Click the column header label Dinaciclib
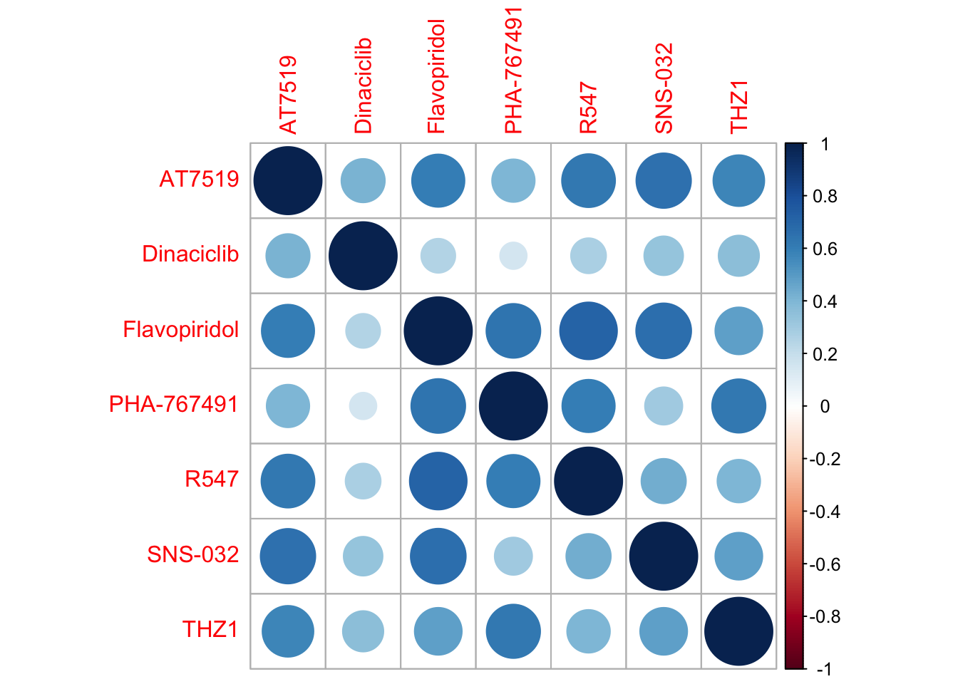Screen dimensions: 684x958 (x=363, y=85)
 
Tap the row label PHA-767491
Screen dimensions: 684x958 (x=173, y=405)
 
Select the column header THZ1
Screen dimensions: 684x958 (x=739, y=106)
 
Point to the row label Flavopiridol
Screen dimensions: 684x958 (x=181, y=330)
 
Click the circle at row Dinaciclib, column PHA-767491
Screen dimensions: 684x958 (x=513, y=256)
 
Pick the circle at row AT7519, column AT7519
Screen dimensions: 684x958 (x=288, y=181)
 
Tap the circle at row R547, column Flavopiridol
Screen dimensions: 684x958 (x=438, y=481)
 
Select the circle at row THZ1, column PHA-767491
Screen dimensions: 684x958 (x=513, y=631)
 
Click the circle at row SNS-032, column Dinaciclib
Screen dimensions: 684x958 (x=363, y=556)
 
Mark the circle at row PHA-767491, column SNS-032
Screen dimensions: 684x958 (x=664, y=406)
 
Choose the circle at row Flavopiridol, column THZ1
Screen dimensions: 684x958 (x=738, y=331)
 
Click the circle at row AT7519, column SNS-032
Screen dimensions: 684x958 (x=664, y=181)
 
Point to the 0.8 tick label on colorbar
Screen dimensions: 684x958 (x=825, y=197)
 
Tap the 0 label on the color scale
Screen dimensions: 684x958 (x=825, y=407)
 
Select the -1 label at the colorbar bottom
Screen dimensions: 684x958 (x=823, y=669)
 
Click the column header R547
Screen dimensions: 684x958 (x=588, y=108)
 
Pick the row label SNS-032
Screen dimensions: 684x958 (x=192, y=554)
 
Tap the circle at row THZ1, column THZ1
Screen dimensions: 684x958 (x=738, y=631)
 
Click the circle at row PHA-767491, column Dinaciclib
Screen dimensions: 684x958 (x=363, y=406)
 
